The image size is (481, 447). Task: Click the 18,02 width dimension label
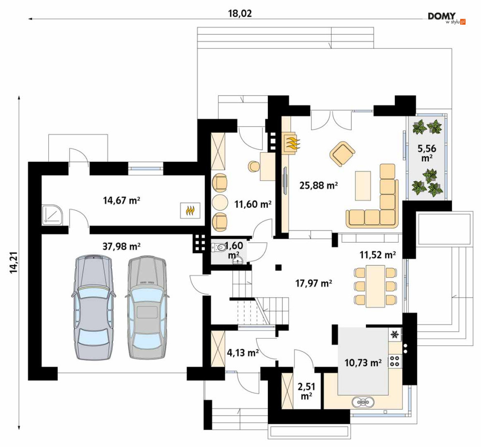coord(240,14)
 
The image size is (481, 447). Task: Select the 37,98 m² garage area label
coord(121,246)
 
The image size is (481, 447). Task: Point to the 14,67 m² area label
coord(121,201)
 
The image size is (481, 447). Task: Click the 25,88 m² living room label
coord(319,185)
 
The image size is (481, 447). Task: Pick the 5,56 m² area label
coord(427,153)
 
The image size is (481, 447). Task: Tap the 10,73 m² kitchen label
coord(363,363)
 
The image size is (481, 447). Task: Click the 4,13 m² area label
coord(242,353)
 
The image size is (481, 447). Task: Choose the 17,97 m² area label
coord(314,283)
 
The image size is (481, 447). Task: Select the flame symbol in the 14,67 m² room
coord(190,211)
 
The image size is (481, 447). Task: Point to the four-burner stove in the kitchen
coord(394,360)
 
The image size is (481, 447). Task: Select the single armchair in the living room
coord(342,154)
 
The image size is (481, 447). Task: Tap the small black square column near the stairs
coord(278,267)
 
